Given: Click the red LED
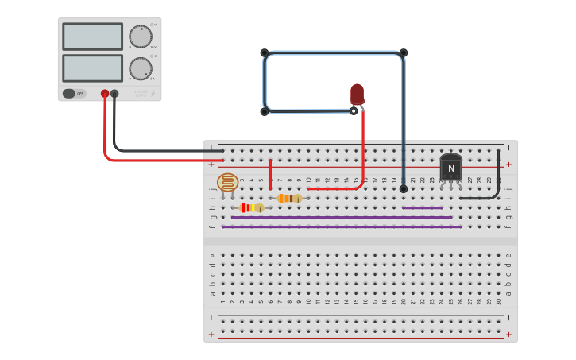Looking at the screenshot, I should pyautogui.click(x=357, y=94).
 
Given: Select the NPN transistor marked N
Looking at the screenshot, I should pyautogui.click(x=450, y=168).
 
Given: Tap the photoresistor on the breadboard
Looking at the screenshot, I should pyautogui.click(x=227, y=183).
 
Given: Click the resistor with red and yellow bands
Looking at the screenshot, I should pyautogui.click(x=252, y=208).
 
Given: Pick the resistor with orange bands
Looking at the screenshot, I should pyautogui.click(x=290, y=198).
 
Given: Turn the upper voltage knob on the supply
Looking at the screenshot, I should pyautogui.click(x=140, y=37).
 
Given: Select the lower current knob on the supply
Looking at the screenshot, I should pyautogui.click(x=140, y=68).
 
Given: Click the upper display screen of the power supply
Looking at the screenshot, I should pyautogui.click(x=92, y=37).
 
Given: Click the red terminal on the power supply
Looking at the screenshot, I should pyautogui.click(x=105, y=94).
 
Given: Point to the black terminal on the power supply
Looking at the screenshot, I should pyautogui.click(x=114, y=94).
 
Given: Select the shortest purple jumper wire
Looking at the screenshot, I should pyautogui.click(x=422, y=207).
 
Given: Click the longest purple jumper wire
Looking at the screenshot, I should pyautogui.click(x=342, y=226).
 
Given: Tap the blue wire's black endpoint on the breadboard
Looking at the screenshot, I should pyautogui.click(x=403, y=189).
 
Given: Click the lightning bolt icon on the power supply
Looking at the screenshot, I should pyautogui.click(x=153, y=94).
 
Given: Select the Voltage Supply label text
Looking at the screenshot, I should pyautogui.click(x=141, y=94).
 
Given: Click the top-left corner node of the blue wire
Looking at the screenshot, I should pyautogui.click(x=265, y=53).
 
